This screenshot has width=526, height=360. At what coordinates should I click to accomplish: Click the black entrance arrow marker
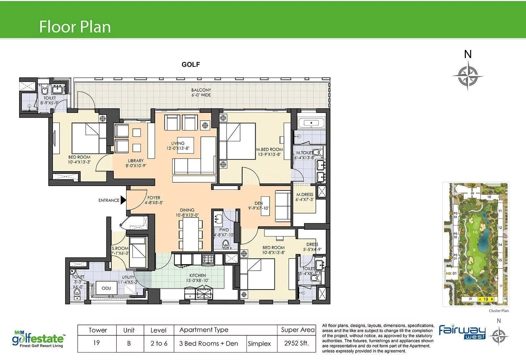tap(123, 200)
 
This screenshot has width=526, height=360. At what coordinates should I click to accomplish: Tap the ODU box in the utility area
tap(106, 288)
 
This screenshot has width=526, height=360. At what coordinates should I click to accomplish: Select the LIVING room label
tap(178, 143)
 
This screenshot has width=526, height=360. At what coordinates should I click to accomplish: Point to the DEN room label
tap(259, 203)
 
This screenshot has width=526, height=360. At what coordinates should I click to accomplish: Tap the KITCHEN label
tap(198, 276)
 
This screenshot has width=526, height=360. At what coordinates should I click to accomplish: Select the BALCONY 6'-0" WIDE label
tap(201, 92)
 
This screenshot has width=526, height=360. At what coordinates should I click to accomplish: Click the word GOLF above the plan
tap(191, 64)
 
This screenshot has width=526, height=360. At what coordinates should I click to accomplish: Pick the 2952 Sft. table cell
tap(297, 343)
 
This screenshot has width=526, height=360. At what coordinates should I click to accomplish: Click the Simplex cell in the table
tap(259, 344)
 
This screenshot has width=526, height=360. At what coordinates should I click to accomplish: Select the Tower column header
tap(98, 330)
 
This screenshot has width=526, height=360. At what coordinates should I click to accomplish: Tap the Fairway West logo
tap(462, 332)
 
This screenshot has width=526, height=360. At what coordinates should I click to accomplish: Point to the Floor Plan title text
tap(75, 27)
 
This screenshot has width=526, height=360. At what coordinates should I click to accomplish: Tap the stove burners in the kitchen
tap(208, 259)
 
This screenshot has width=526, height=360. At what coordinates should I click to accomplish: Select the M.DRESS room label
tap(305, 195)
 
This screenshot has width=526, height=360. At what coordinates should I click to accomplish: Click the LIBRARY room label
tap(136, 161)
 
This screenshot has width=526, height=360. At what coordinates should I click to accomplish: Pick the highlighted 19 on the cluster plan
tap(486, 299)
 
